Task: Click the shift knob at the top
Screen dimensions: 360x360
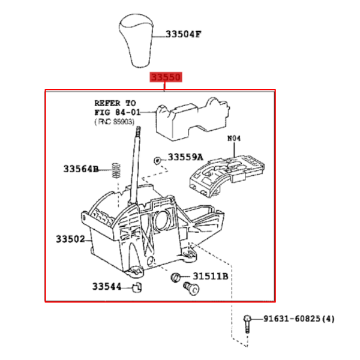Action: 136,40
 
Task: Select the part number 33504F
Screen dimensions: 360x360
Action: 183,34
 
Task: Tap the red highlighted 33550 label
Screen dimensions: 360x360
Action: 166,77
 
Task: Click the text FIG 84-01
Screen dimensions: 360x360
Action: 118,112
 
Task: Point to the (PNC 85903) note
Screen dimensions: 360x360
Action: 115,122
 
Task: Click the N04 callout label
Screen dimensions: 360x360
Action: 234,139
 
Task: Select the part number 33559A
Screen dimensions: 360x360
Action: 185,157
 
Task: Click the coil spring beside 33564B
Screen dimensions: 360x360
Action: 116,170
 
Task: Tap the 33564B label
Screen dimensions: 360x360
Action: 81,169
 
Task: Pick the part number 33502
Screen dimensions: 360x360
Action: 70,239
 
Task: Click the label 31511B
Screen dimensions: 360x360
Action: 211,276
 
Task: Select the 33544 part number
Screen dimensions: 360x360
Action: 107,287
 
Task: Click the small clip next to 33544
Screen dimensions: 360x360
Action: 137,287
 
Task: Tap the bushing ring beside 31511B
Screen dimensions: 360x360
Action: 175,277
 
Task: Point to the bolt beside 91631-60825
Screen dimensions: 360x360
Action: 247,324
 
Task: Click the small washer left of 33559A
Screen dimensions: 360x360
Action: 157,160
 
